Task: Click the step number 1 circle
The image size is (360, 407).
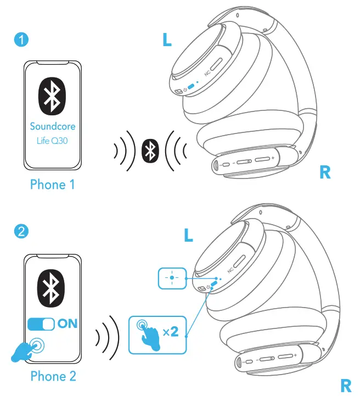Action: click(x=20, y=39)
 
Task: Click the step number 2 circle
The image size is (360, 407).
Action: click(x=20, y=231)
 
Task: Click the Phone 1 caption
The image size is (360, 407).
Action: click(x=52, y=185)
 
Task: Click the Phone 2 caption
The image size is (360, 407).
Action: click(x=52, y=376)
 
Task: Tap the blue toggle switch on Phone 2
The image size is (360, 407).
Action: click(x=41, y=324)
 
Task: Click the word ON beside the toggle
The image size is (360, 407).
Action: click(x=67, y=324)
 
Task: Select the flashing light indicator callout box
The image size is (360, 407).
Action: click(x=172, y=278)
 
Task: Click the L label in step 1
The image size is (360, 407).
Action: click(x=167, y=39)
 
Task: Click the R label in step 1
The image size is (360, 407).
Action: click(x=325, y=172)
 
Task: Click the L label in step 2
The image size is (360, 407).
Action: click(x=188, y=236)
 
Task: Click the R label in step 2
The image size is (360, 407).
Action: click(x=345, y=386)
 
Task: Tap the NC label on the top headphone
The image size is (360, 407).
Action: click(x=207, y=73)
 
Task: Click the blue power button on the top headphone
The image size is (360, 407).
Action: click(x=190, y=87)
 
